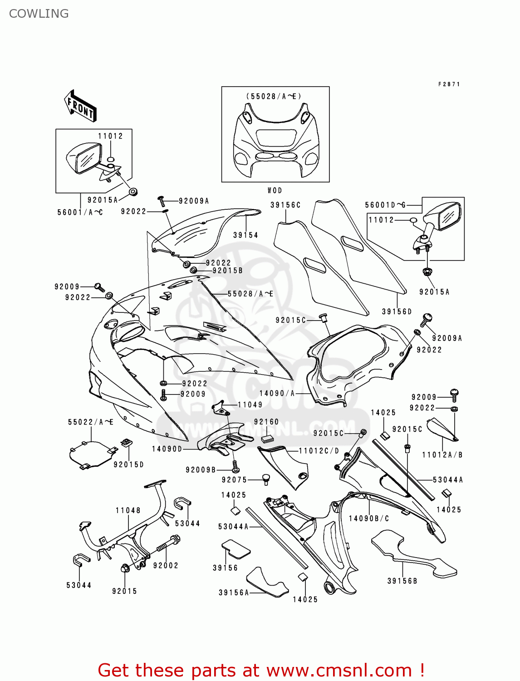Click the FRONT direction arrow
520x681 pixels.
click(x=80, y=106)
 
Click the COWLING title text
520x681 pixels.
click(x=39, y=14)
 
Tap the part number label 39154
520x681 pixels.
click(x=245, y=235)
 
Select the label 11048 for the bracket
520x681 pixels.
click(x=128, y=510)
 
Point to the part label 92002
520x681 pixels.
click(x=166, y=565)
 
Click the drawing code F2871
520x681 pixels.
click(x=449, y=84)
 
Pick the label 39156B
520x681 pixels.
click(x=402, y=581)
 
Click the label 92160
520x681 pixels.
click(x=266, y=422)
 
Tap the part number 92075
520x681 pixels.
click(x=234, y=480)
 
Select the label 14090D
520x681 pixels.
click(x=167, y=449)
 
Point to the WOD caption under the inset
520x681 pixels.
click(x=275, y=191)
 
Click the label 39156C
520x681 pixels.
click(x=285, y=205)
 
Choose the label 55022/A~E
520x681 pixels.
click(x=91, y=422)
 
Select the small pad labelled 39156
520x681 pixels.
click(x=236, y=548)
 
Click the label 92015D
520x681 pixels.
click(x=128, y=464)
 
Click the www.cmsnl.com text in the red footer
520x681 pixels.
click(x=338, y=670)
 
